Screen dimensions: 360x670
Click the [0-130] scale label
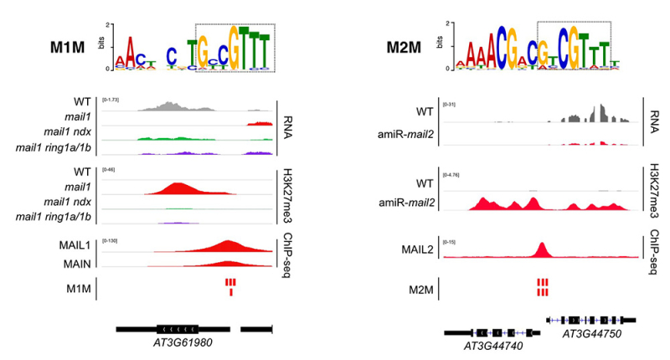111,241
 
